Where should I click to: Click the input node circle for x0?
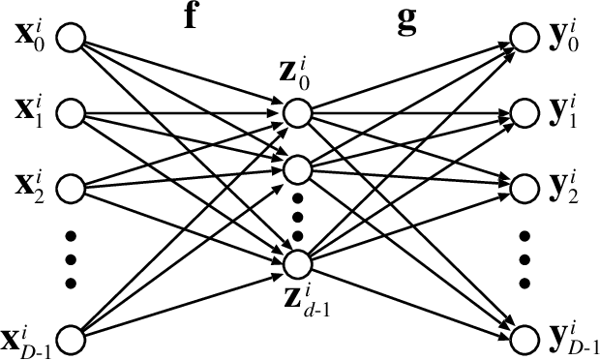pos(72,38)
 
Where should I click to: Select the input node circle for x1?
pos(72,112)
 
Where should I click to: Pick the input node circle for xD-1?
pos(72,337)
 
